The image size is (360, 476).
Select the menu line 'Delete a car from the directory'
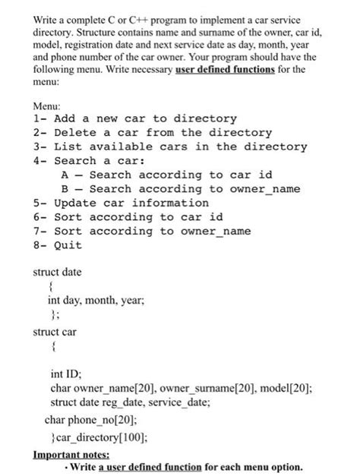[x=153, y=133]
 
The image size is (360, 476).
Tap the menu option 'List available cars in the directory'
[x=170, y=147]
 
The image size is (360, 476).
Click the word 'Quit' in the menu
[x=68, y=244]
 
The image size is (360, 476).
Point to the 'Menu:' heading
[x=50, y=106]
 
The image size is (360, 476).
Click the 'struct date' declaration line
[x=58, y=272]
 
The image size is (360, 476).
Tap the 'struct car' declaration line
[x=55, y=332]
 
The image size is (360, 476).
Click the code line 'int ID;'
[x=66, y=374]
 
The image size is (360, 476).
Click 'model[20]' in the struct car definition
[x=281, y=388]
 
